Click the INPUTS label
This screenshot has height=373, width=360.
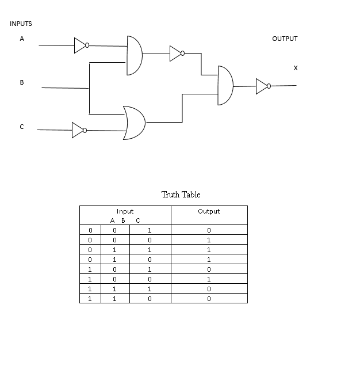pos(21,24)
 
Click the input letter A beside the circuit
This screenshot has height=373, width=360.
pos(22,39)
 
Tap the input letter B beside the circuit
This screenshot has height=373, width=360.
pos(22,82)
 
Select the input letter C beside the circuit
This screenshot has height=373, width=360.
pos(22,127)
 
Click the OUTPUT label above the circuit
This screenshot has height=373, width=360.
pos(285,39)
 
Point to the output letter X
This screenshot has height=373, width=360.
pos(296,68)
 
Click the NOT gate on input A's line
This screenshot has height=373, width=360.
pos(81,45)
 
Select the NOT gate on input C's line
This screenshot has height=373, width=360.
pos(79,130)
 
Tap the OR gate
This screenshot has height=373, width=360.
pos(134,123)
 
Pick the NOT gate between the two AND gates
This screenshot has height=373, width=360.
pos(177,54)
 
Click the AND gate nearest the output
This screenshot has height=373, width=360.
pos(225,86)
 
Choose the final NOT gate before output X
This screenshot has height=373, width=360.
pos(262,86)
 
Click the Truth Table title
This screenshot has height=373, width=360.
pos(181,195)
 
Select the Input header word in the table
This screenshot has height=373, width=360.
pos(125,211)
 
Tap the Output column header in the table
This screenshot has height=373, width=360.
pos(209,211)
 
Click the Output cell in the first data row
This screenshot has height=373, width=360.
pos(209,230)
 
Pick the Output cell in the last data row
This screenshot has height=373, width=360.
pos(209,299)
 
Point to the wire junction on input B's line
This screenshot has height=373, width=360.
pos(89,88)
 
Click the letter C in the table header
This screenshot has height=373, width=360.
pos(138,220)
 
